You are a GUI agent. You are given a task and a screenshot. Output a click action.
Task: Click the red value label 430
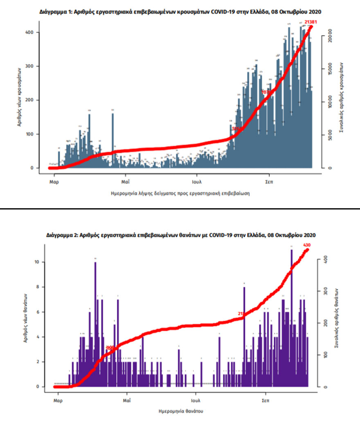(x=307, y=245)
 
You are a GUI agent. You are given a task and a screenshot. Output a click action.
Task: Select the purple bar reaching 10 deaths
(x=95, y=323)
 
